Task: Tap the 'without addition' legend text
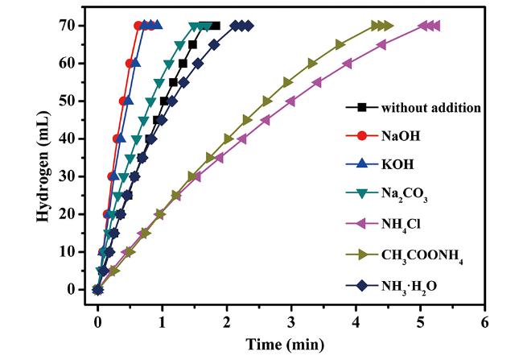431,107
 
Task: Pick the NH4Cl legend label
400,226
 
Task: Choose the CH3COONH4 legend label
422,256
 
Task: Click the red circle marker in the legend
362,136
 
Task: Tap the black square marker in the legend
362,107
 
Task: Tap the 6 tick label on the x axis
484,319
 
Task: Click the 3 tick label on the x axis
290,319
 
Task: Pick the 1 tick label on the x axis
162,319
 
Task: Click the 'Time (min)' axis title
290,344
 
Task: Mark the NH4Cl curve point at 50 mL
290,101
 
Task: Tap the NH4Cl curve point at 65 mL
381,44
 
